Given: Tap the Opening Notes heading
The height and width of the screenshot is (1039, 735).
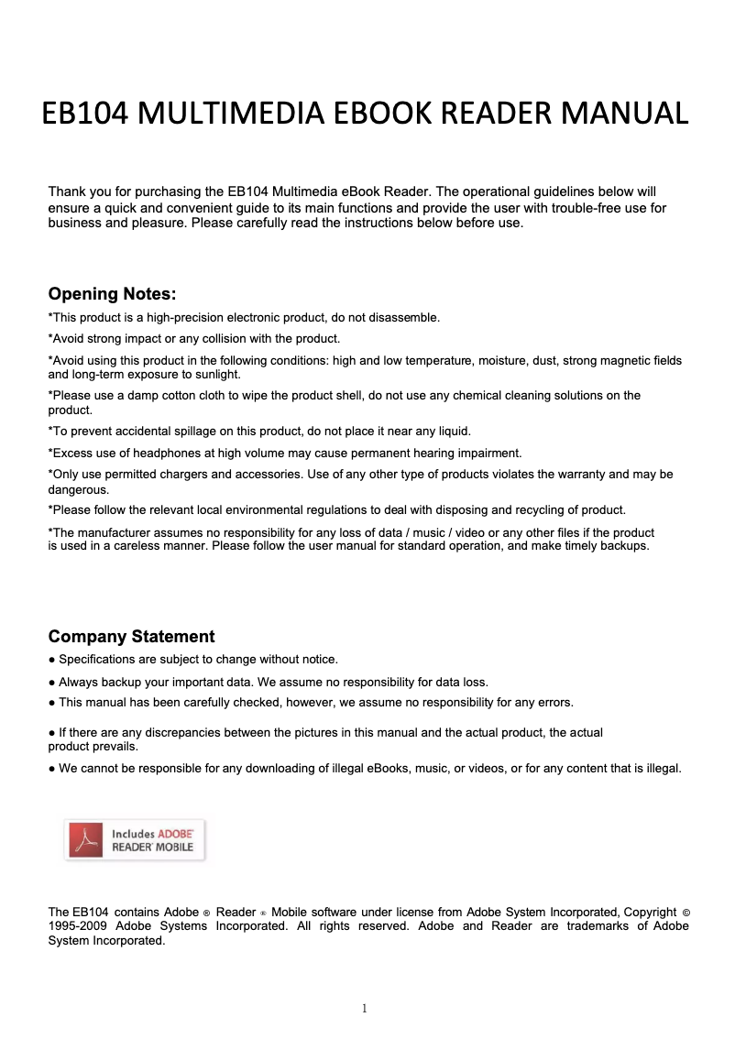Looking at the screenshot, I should pyautogui.click(x=112, y=294).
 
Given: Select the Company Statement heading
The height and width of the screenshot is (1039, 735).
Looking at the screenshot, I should pyautogui.click(x=131, y=637).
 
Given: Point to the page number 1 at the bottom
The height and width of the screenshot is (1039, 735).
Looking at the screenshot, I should pyautogui.click(x=365, y=1009).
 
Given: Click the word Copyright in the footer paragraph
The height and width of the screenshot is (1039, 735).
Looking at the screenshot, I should pyautogui.click(x=650, y=912).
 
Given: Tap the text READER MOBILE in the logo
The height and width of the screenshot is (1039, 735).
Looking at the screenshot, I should pyautogui.click(x=152, y=848).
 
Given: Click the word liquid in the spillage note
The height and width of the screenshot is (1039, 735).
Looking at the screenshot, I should pyautogui.click(x=452, y=431).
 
